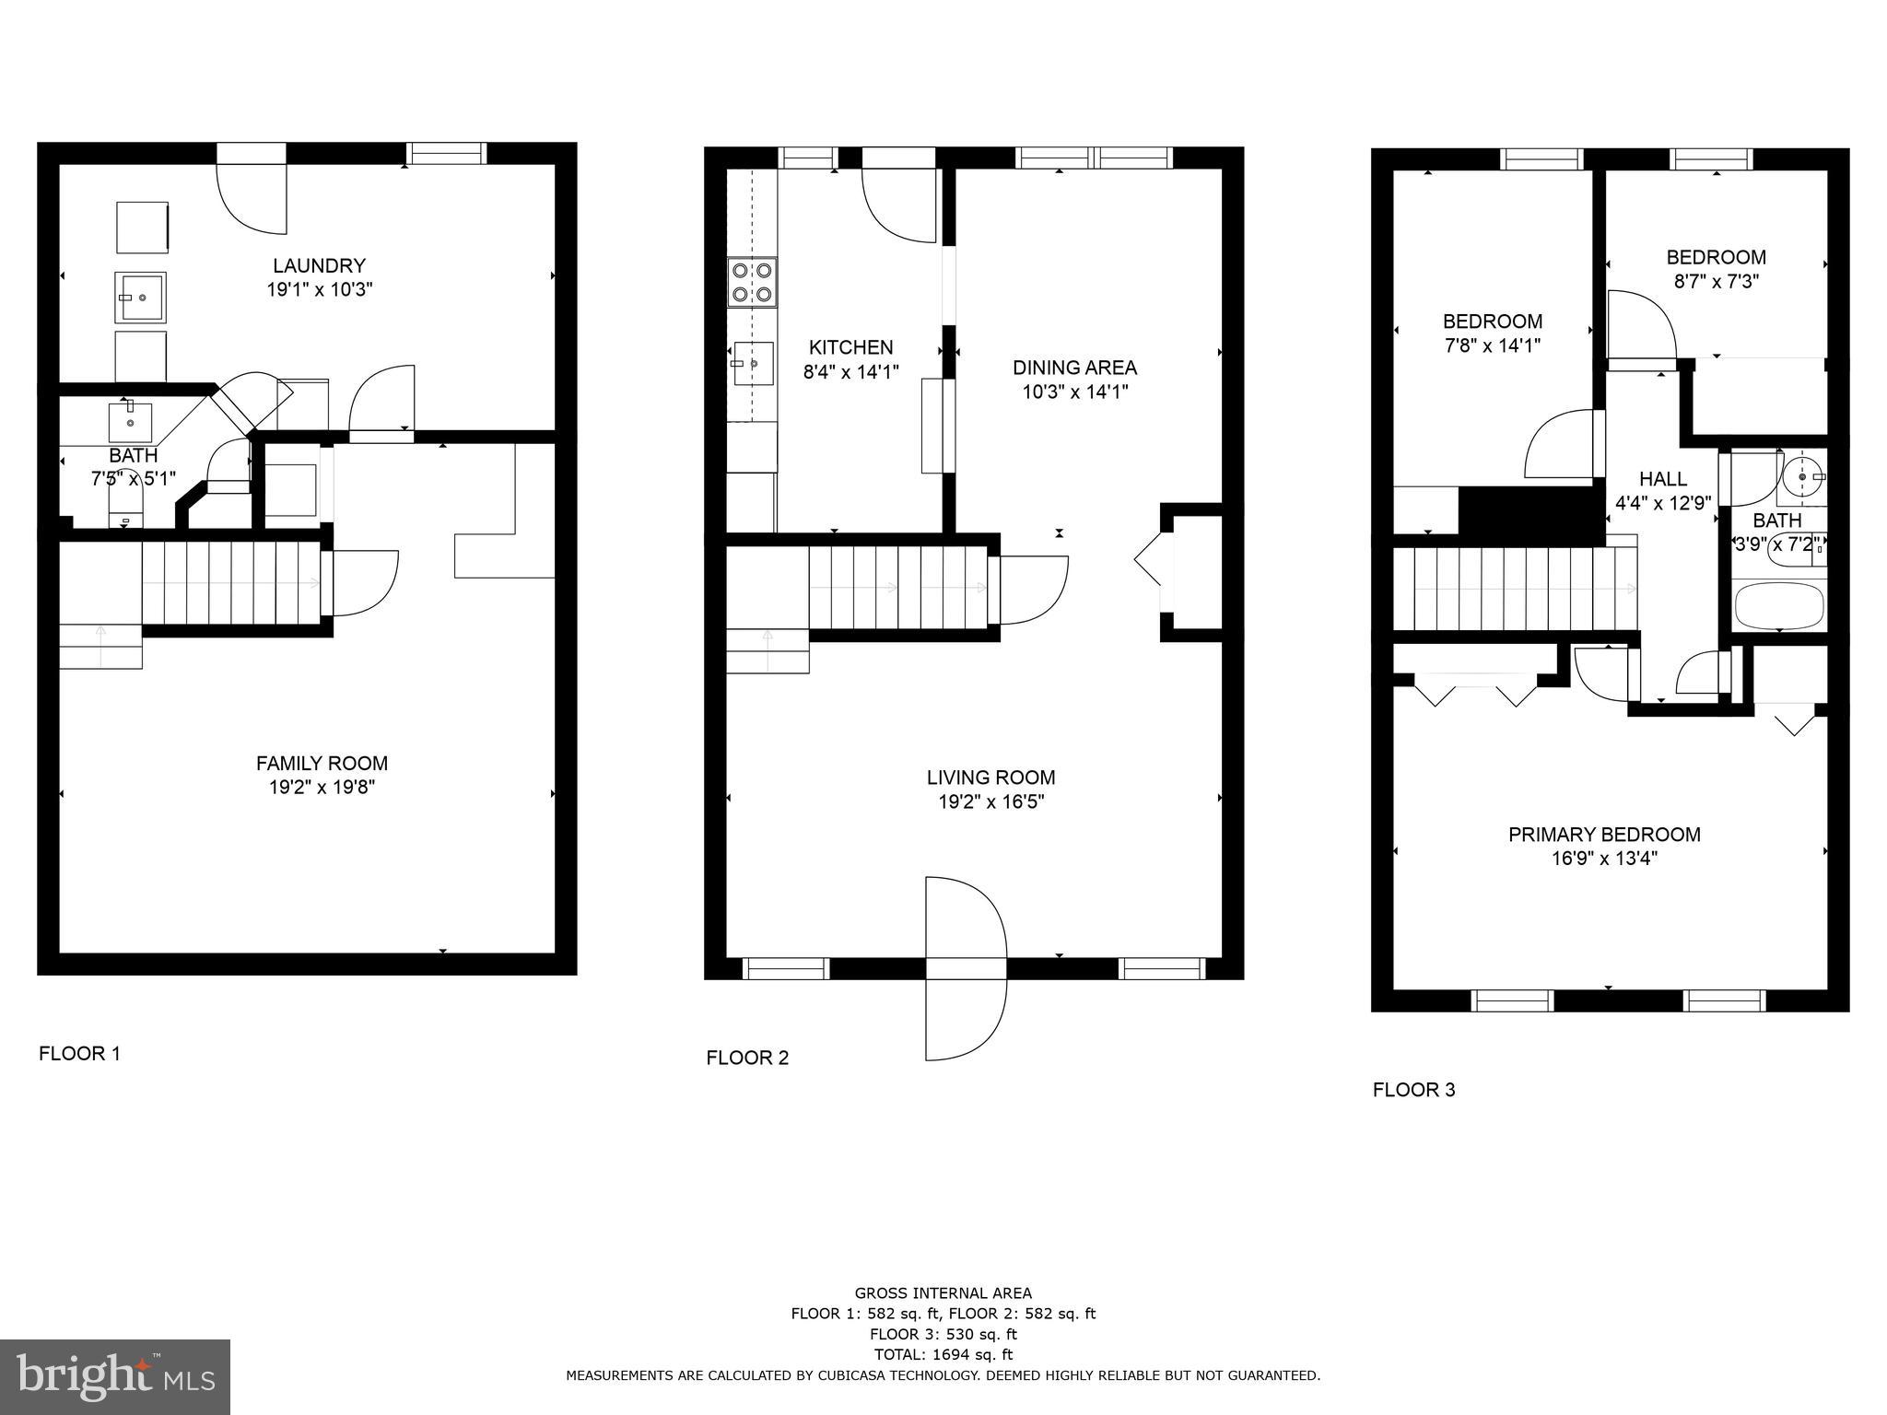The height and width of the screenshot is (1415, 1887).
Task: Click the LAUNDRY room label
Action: [x=319, y=265]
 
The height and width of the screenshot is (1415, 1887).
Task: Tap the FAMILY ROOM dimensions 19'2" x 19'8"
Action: [x=322, y=788]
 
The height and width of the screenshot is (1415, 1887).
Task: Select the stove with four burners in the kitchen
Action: [x=752, y=283]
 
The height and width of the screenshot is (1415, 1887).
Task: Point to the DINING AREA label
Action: [x=1074, y=368]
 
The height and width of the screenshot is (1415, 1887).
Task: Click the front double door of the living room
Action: [x=966, y=968]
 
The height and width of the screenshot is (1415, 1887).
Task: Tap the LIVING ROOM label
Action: [x=990, y=778]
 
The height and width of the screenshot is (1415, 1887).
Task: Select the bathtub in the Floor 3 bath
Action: [x=1779, y=605]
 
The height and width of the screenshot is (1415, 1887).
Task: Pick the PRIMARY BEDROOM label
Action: [x=1604, y=835]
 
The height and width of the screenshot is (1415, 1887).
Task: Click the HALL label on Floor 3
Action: [x=1663, y=479]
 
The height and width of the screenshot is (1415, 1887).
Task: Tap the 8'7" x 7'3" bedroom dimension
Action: [x=1717, y=282]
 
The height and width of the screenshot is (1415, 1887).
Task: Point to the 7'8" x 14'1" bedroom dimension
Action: [x=1492, y=345]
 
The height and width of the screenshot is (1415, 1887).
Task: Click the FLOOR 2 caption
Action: [x=747, y=1058]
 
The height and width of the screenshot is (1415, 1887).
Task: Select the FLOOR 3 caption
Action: [x=1413, y=1090]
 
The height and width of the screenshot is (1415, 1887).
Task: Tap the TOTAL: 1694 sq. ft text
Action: [x=943, y=1354]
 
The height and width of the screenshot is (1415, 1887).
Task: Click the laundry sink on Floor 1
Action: [x=140, y=297]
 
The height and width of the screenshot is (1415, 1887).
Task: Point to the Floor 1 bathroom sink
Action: [x=131, y=422]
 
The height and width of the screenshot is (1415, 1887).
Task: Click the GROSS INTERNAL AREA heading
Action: [x=943, y=1293]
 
